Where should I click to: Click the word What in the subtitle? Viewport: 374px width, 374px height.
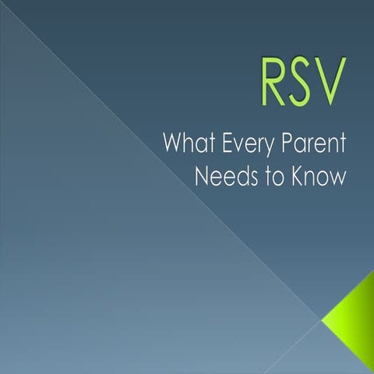click(x=186, y=145)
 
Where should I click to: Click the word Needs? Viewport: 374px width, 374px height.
click(x=224, y=176)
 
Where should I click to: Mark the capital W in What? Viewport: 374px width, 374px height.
click(x=172, y=145)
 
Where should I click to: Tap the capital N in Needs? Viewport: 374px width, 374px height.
click(x=203, y=176)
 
